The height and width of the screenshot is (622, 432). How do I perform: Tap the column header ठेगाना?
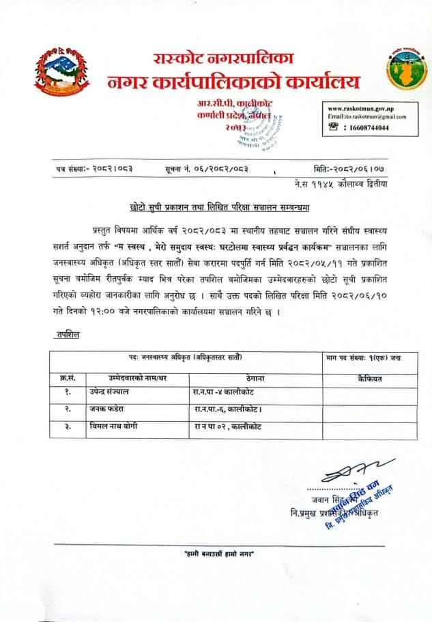[247, 377]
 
